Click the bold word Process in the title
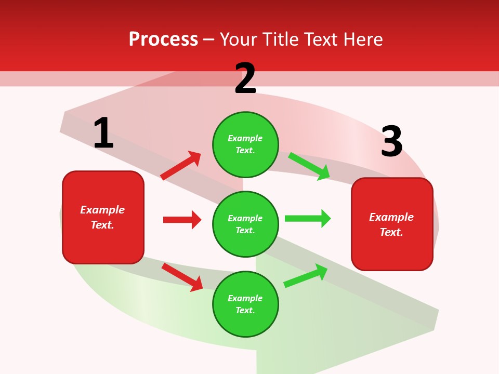[163, 39]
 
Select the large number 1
[103, 133]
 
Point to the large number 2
[245, 78]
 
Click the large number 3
[391, 141]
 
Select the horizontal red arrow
[182, 220]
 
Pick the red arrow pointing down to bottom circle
[182, 277]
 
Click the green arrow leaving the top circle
[309, 166]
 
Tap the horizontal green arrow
[308, 219]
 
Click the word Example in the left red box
[102, 210]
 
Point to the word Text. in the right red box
[391, 232]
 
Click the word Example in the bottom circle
[245, 298]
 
